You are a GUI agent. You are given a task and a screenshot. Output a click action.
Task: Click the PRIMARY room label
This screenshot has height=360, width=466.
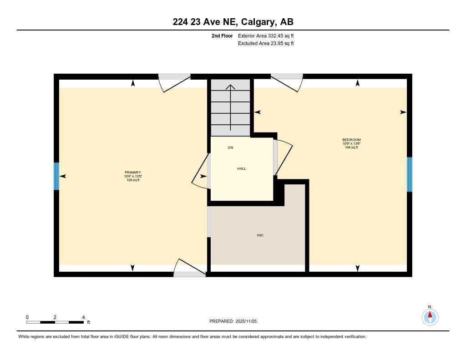tap(132, 172)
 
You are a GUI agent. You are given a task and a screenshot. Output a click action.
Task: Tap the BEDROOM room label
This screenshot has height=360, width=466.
tap(351, 140)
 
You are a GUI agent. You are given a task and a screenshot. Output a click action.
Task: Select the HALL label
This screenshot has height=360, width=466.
tap(242, 168)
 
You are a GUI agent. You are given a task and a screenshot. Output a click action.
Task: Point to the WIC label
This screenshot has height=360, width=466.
tap(260, 235)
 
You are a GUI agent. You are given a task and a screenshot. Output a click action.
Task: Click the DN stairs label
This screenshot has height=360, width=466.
tap(231, 148)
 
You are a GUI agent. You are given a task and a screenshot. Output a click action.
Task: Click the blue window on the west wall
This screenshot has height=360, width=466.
tap(56, 176)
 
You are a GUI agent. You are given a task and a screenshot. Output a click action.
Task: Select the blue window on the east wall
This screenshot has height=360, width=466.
tap(409, 174)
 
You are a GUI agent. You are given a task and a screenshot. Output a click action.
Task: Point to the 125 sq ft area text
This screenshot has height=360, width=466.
tap(132, 180)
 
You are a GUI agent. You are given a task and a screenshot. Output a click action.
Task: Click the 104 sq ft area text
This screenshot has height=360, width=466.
tap(351, 147)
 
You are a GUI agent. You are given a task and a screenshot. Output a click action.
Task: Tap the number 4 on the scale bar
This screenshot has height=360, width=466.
tap(83, 317)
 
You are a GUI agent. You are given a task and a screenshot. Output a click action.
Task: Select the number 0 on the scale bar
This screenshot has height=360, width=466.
tap(27, 317)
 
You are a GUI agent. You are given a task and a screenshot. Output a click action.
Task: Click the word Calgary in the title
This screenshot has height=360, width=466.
tap(258, 22)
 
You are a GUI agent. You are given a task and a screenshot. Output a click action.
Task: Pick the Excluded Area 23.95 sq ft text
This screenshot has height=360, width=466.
tap(266, 43)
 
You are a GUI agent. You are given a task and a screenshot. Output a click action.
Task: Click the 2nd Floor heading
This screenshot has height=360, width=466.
tap(222, 35)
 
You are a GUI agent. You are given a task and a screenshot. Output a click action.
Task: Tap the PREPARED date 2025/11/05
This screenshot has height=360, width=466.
tap(246, 321)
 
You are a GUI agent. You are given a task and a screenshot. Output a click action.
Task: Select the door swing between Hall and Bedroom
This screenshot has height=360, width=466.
tap(283, 157)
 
